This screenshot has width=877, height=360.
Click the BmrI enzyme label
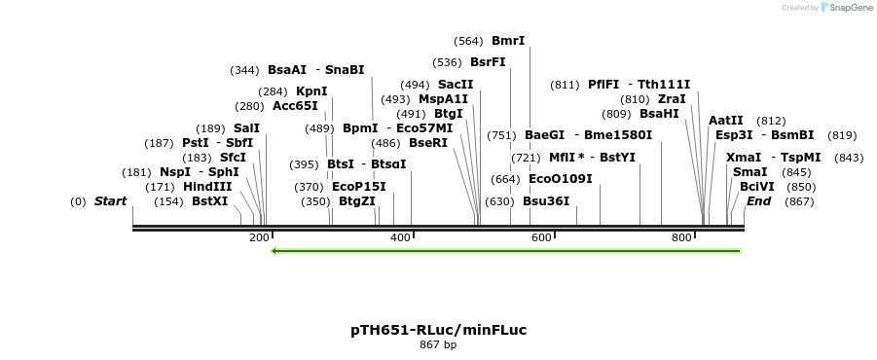coord(508,41)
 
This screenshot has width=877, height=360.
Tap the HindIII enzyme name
coord(208,187)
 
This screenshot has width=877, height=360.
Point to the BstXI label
coord(209,201)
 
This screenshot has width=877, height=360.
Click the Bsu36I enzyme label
coord(546,201)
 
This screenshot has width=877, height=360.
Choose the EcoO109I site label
coord(560,179)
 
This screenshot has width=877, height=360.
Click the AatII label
coord(726,121)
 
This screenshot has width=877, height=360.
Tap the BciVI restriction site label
coord(757,187)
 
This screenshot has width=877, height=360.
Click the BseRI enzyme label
coord(428,143)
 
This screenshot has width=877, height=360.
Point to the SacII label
coord(456,85)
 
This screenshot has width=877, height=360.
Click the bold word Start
coord(110,201)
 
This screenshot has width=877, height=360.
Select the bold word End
coord(759,201)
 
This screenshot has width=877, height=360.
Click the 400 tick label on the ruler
coord(400,237)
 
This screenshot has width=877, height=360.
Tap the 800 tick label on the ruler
coord(681,237)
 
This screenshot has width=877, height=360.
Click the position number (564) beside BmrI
coord(468,41)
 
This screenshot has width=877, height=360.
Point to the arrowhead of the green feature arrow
coord(275,251)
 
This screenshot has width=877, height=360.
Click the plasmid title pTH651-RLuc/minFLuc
coord(438,330)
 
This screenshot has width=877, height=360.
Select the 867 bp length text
coord(438,345)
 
